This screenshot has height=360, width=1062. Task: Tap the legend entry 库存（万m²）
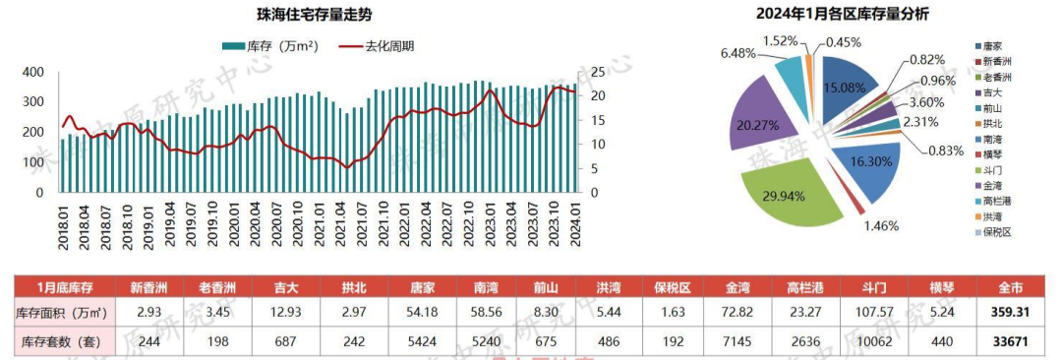[267, 45]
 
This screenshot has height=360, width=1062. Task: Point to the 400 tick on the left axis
[32, 72]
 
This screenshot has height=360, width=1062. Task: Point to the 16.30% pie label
[869, 162]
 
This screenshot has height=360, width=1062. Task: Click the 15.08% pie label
[846, 88]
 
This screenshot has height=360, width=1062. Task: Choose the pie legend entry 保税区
[996, 231]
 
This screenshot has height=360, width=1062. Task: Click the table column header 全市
[1009, 288]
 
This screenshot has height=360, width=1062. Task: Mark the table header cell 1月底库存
[63, 288]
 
